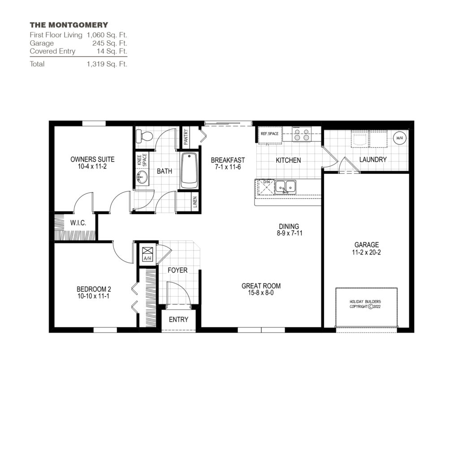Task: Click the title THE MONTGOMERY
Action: coord(69,25)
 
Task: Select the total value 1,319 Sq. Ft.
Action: coord(107,64)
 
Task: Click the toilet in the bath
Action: coord(144,135)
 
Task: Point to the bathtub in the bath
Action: coord(189,170)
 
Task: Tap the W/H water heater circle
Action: coord(399,138)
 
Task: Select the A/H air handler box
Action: coord(147,254)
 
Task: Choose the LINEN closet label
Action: coord(194,203)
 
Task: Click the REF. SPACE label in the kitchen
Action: coord(269,133)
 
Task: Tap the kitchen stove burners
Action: coord(302,134)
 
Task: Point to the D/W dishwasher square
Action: coord(265,186)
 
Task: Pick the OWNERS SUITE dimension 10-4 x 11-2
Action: coord(92,166)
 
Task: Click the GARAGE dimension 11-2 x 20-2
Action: coord(367,252)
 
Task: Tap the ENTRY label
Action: coord(178,320)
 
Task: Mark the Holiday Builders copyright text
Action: coord(367,304)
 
